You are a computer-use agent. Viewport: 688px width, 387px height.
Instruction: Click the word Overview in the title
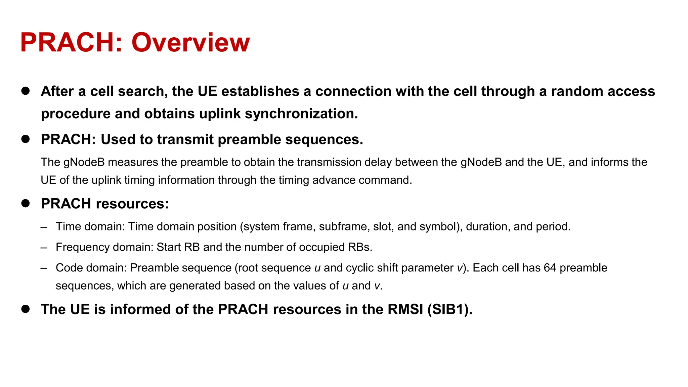tap(190, 43)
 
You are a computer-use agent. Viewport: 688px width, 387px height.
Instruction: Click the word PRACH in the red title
tap(67, 43)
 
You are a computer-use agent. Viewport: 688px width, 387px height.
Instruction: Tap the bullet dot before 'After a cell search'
tap(26, 91)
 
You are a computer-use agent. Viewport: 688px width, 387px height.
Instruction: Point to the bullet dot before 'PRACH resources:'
tap(26, 203)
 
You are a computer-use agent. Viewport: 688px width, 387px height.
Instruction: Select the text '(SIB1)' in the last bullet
tap(449, 309)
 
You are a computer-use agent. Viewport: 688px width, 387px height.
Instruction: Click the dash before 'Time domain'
tap(44, 227)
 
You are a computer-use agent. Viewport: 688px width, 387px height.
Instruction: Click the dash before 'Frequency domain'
tap(44, 248)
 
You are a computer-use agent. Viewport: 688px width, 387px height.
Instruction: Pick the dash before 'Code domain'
tap(44, 268)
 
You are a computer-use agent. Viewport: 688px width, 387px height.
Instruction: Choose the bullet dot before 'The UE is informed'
tap(26, 309)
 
